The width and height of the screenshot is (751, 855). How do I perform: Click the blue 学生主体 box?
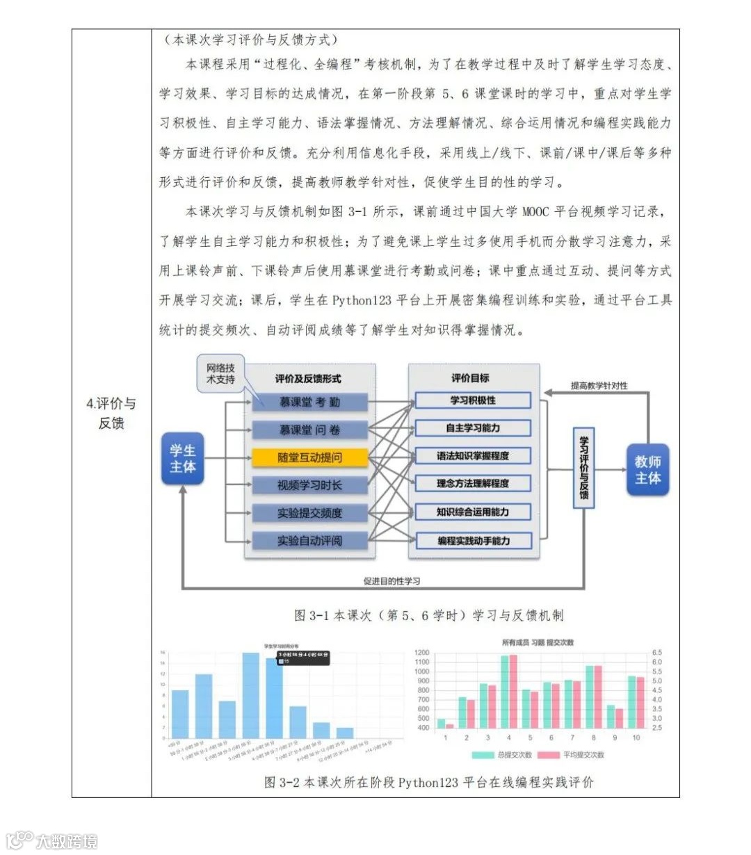point(182,459)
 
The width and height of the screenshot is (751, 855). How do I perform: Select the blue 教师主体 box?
point(647,470)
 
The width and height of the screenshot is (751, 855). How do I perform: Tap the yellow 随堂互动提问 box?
point(309,457)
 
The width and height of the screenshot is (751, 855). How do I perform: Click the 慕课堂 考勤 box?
point(309,402)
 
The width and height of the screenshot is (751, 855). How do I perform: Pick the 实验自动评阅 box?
point(309,540)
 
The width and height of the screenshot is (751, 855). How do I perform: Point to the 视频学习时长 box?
point(309,485)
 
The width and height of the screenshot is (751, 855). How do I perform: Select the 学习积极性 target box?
point(473,400)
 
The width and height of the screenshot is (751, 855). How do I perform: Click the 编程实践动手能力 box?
point(473,540)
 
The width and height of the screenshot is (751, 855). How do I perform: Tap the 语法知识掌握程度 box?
point(473,456)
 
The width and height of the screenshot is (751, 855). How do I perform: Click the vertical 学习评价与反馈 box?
point(583,468)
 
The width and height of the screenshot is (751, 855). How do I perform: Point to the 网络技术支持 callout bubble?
point(220,374)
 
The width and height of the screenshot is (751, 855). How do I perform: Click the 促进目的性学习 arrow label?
point(391,581)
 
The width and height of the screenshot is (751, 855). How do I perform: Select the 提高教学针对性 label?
point(599,385)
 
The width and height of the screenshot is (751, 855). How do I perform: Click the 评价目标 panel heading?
point(470,378)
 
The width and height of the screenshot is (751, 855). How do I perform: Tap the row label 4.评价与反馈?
point(111,413)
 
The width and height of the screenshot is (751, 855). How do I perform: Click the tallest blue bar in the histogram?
point(251,695)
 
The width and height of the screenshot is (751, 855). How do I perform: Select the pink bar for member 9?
point(620,718)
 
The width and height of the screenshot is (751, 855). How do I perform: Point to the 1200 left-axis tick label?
point(422,653)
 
